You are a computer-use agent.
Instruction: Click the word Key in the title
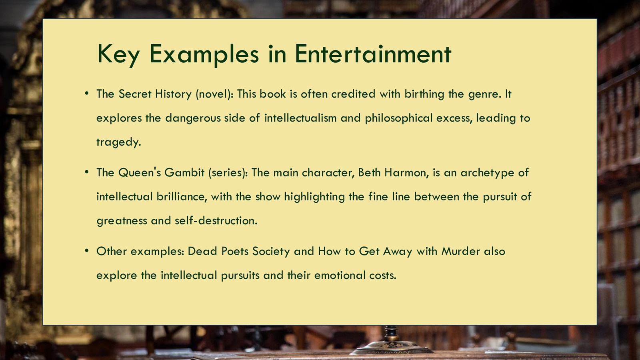coord(118,54)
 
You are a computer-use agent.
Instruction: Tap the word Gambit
coord(184,172)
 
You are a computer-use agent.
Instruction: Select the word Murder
coord(460,252)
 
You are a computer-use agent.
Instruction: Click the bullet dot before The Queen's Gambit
coord(87,172)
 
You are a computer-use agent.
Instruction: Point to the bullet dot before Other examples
coord(87,251)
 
